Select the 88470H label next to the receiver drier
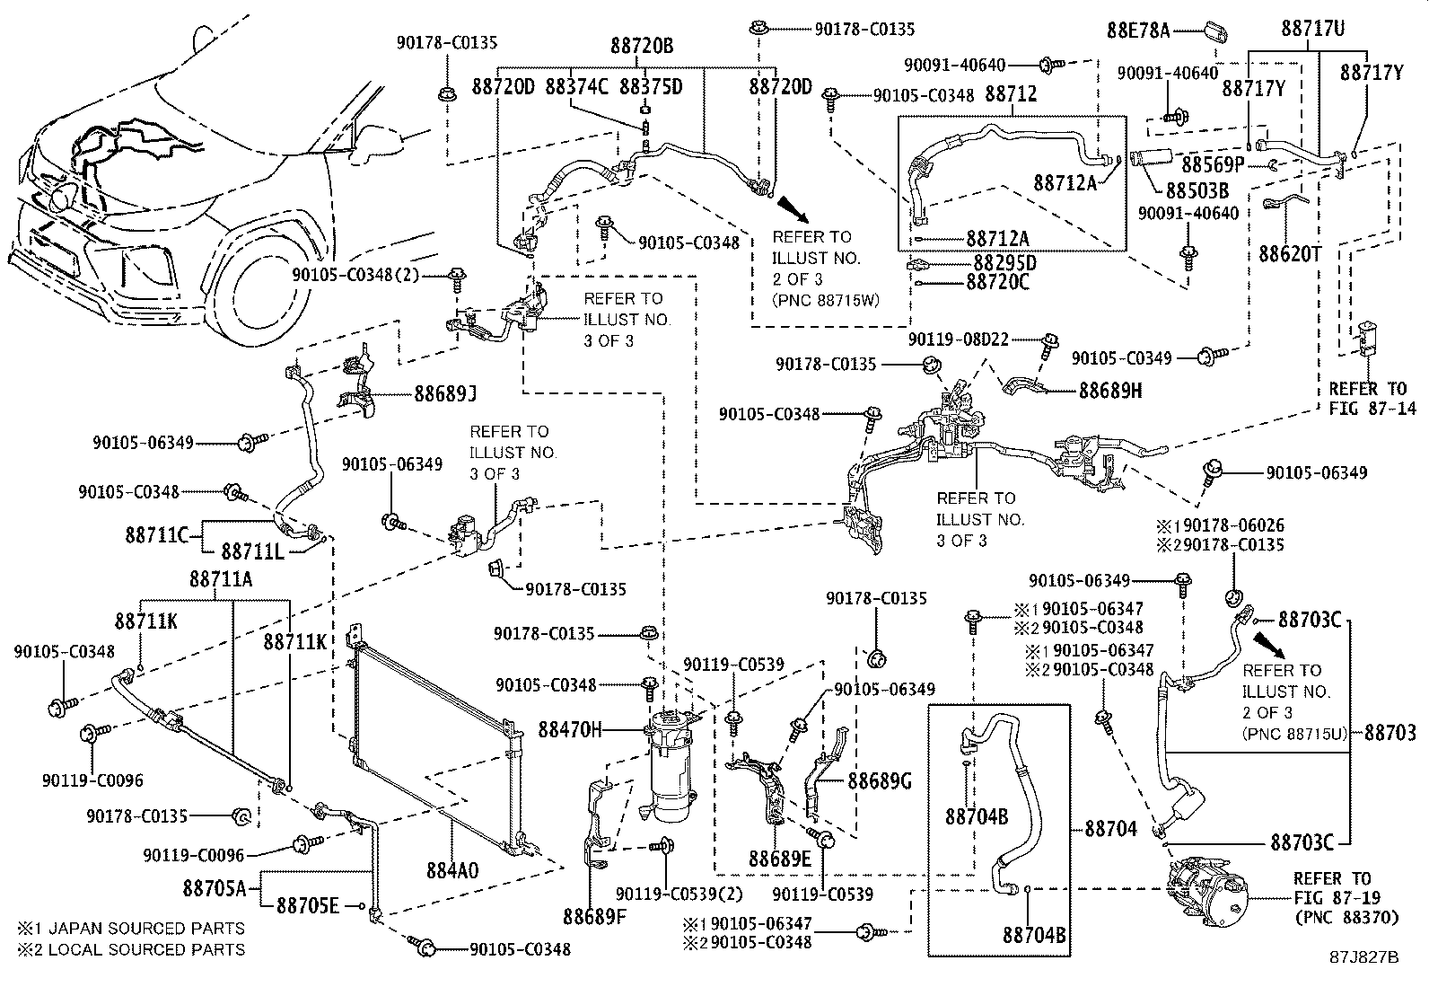click(570, 729)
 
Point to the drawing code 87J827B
click(1364, 956)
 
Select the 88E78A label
click(1138, 31)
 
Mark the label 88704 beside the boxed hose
click(1111, 828)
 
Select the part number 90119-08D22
click(958, 339)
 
